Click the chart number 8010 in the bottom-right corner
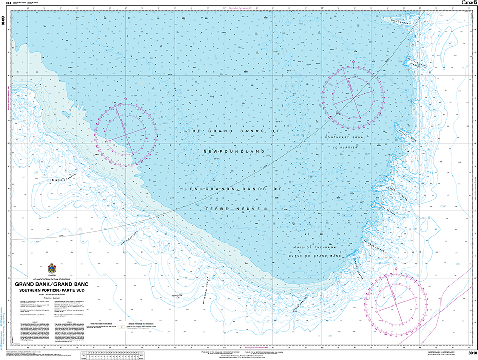pyautogui.click(x=467, y=352)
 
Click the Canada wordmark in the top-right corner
pyautogui.click(x=469, y=3)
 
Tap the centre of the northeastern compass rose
pyautogui.click(x=353, y=94)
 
